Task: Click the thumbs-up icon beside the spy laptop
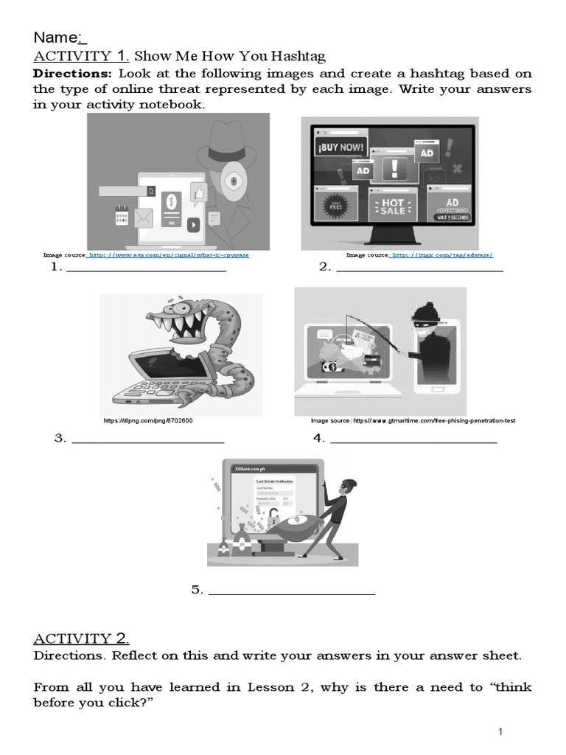click(x=197, y=193)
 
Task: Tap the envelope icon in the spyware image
click(x=143, y=218)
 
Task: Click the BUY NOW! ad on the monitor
click(x=339, y=147)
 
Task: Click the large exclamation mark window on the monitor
click(x=396, y=167)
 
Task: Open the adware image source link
click(x=441, y=255)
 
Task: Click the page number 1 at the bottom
click(x=500, y=731)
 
